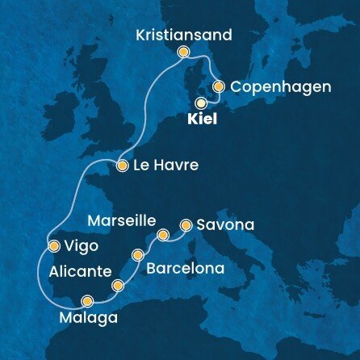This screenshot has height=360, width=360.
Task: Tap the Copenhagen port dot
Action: click(x=219, y=86)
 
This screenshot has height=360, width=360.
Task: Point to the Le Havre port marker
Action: click(x=122, y=167)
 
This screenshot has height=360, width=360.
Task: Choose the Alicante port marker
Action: click(x=119, y=284)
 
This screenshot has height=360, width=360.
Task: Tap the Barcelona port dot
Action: click(x=138, y=255)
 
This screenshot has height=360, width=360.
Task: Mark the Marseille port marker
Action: click(x=163, y=235)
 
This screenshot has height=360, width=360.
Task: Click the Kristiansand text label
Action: click(x=183, y=36)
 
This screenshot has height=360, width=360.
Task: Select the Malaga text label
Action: click(x=89, y=318)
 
